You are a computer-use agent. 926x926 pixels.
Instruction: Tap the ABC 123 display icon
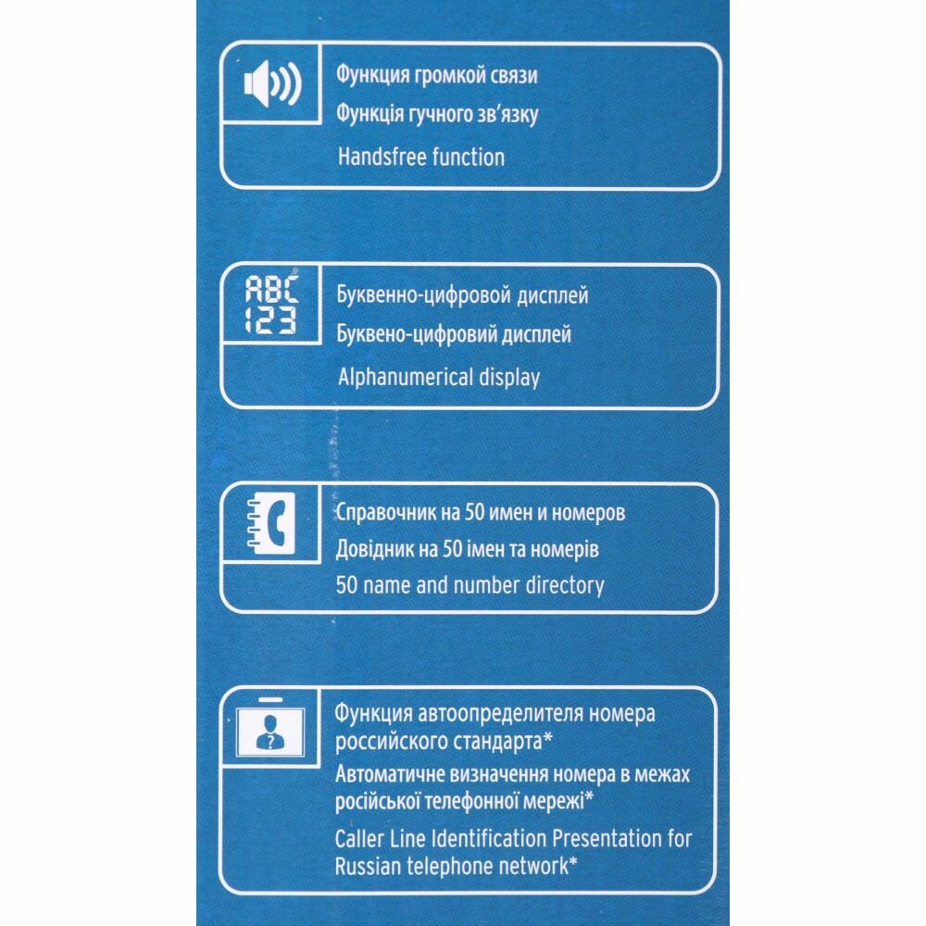point(270,307)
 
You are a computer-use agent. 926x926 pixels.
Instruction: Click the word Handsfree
point(380,156)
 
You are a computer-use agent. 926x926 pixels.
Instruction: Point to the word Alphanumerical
point(406,377)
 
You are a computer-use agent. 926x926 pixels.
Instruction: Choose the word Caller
point(363,840)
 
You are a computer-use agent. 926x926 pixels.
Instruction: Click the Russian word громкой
point(447,76)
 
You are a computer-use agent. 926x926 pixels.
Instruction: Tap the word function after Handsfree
point(465,156)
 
